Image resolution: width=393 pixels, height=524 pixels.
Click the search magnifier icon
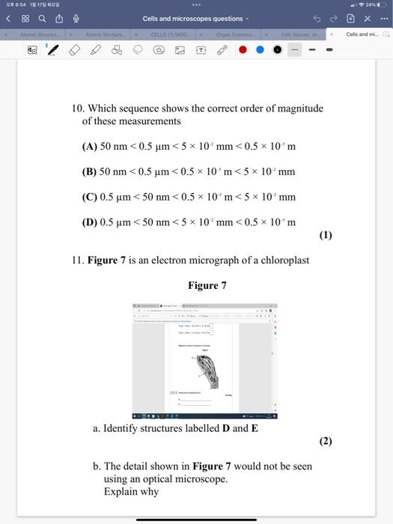41,19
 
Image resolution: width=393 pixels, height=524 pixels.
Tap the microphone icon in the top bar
75,19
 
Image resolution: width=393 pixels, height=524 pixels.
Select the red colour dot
243,50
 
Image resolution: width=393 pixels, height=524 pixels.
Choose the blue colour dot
260,50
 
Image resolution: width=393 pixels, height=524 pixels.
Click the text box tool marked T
201,50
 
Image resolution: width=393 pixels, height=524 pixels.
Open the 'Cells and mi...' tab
363,34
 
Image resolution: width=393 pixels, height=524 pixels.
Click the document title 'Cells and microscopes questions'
193,19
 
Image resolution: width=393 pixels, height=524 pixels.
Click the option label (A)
90,146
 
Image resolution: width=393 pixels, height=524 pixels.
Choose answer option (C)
90,197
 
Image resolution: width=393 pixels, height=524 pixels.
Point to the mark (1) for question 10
325,235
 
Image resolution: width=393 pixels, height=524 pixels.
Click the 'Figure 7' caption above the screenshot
207,285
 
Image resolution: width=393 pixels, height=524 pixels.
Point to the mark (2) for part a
325,441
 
